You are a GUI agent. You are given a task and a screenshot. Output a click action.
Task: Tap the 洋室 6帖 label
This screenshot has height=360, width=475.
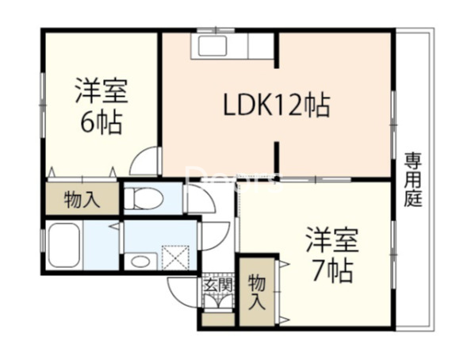tap(102, 106)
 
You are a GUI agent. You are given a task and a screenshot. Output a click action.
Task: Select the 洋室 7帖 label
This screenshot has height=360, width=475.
tap(332, 255)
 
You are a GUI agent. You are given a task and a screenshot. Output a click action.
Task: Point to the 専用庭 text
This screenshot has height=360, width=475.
tap(413, 180)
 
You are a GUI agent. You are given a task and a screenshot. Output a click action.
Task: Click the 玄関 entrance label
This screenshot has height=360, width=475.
tap(218, 285)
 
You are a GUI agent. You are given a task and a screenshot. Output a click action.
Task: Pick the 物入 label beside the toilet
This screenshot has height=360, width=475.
tap(82, 200)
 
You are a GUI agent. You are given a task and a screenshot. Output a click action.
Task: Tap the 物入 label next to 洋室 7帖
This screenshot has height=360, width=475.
tap(257, 293)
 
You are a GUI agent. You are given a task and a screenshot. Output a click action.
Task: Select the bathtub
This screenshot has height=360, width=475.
tap(64, 245)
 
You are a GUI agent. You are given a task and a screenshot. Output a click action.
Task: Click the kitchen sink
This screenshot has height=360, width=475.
tap(213, 46)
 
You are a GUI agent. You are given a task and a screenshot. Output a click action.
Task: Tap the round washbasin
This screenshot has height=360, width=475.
tap(140, 262)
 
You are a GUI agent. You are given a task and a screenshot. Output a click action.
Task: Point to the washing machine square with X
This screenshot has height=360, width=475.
tap(176, 257)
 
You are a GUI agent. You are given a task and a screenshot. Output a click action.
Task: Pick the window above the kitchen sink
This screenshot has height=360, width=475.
tap(216, 30)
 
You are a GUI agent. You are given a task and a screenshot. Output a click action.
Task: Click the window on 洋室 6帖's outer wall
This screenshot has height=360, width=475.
tap(43, 105)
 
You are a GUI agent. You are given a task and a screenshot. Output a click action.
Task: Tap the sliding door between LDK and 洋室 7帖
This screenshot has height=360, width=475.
tap(315, 180)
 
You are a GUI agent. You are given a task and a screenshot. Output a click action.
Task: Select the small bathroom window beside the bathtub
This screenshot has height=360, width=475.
tap(43, 245)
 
